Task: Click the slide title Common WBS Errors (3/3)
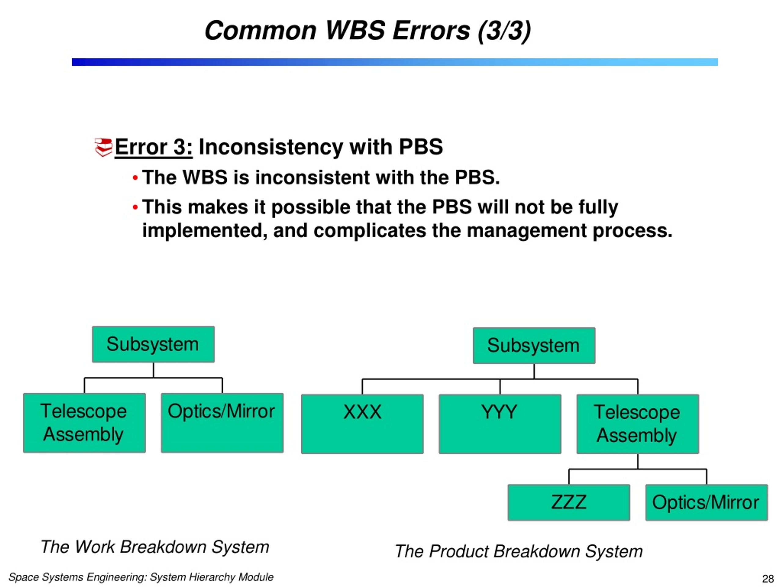click(x=368, y=31)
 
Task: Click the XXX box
click(x=362, y=424)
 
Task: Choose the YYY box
click(x=500, y=424)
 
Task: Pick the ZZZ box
click(x=569, y=502)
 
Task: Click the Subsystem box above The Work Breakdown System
click(x=153, y=344)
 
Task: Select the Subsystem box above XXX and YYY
click(x=534, y=346)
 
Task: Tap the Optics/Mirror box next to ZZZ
click(x=707, y=502)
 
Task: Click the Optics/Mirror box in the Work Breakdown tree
click(x=222, y=423)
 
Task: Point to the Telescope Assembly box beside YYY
click(x=638, y=424)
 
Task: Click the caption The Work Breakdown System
click(x=155, y=547)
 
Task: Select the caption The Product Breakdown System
click(x=519, y=551)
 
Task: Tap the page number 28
click(x=768, y=578)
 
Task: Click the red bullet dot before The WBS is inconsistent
click(x=135, y=178)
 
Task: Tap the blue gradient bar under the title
click(x=395, y=62)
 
